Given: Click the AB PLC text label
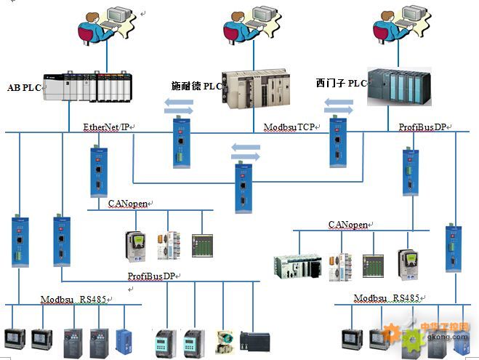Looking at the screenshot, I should (24, 87).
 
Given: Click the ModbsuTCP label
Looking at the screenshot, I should (289, 127).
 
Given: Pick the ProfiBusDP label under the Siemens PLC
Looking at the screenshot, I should (422, 127).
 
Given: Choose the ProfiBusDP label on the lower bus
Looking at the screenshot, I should (152, 276).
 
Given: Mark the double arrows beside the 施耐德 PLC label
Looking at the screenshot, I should (177, 108).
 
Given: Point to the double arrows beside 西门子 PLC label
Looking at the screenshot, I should (338, 106).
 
